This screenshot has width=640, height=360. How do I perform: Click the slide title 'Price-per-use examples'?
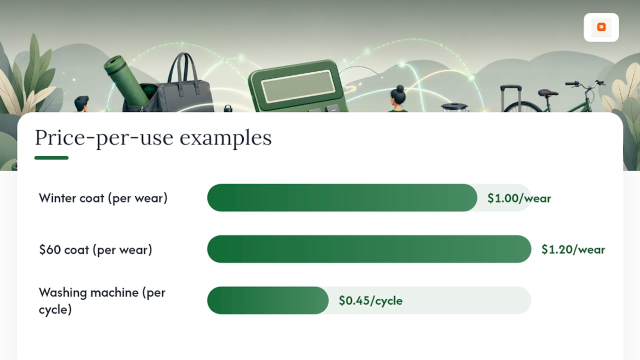tap(153, 138)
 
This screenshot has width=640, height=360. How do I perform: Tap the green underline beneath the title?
tap(51, 157)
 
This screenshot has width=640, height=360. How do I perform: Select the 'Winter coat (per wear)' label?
tap(103, 198)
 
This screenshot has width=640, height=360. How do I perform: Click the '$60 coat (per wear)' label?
tap(95, 249)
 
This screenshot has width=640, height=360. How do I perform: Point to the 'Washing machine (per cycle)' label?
tap(102, 301)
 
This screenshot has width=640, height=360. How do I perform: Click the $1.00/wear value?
tap(519, 198)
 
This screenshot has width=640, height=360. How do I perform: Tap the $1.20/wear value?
tap(573, 249)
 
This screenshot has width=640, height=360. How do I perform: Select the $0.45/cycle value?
tap(370, 300)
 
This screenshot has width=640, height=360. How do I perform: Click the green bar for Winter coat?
tap(342, 197)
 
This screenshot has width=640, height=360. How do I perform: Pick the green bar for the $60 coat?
tap(369, 249)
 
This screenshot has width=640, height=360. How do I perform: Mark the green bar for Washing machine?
tap(267, 300)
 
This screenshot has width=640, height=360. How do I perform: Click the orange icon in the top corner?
tap(601, 27)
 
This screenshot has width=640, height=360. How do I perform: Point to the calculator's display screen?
tap(298, 85)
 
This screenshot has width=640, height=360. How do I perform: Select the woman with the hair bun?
tap(398, 98)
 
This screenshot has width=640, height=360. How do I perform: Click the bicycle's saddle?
tap(547, 92)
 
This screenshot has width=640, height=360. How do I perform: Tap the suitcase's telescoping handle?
tap(511, 97)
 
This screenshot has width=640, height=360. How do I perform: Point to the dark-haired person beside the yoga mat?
tap(81, 103)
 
